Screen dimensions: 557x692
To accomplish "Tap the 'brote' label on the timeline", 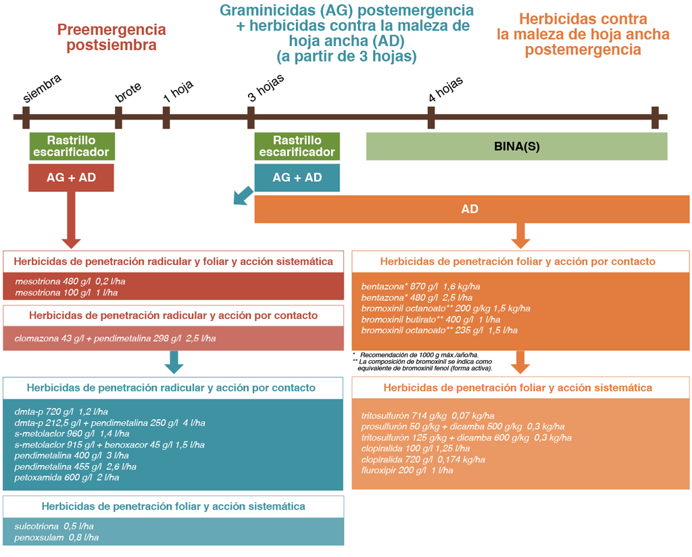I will click(x=128, y=95).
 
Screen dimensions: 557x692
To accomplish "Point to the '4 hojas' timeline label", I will click(x=446, y=89).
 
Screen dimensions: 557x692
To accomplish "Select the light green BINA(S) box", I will click(x=516, y=147).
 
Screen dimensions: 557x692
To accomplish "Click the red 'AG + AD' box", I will click(x=71, y=178).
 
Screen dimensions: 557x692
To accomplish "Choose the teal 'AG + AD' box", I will click(x=297, y=178).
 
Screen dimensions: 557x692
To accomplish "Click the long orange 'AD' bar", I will click(x=471, y=210).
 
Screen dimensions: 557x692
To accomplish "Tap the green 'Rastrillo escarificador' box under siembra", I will click(x=72, y=146).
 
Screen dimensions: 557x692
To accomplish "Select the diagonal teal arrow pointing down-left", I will click(x=241, y=195).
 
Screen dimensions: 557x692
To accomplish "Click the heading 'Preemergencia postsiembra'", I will click(x=112, y=38).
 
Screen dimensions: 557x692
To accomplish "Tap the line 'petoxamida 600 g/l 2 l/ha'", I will click(x=67, y=477).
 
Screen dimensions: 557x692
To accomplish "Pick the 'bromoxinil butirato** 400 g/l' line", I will click(x=430, y=319).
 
